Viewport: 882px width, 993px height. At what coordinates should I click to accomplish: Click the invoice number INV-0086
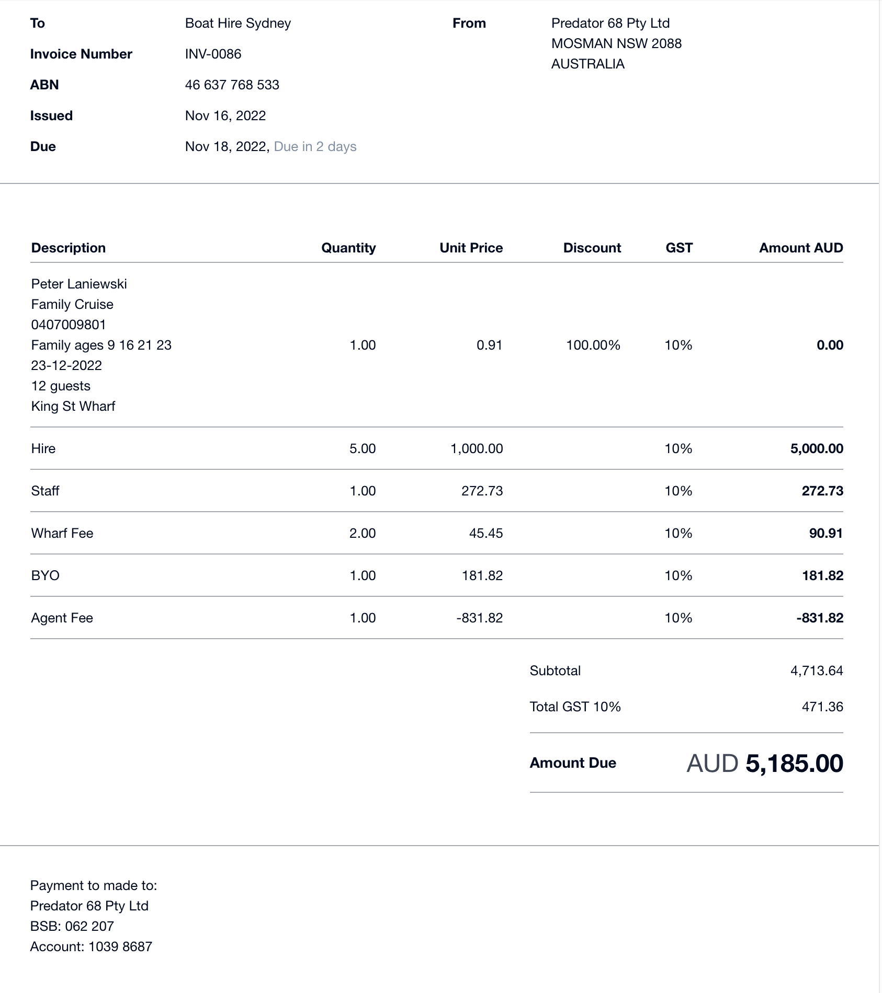(x=213, y=54)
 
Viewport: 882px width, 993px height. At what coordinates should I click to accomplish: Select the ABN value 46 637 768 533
(x=232, y=85)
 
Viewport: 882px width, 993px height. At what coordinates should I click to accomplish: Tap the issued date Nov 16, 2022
(x=225, y=116)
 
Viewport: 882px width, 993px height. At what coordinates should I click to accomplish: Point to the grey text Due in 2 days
(x=315, y=146)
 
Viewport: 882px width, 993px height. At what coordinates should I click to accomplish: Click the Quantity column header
(x=348, y=248)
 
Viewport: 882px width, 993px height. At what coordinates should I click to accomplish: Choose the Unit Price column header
(x=471, y=248)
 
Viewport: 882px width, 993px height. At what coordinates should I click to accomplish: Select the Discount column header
(x=592, y=248)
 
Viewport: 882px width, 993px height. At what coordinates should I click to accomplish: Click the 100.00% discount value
(x=593, y=345)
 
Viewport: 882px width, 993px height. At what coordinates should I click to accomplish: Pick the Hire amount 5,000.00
(x=816, y=448)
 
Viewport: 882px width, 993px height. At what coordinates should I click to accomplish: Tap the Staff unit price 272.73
(x=482, y=491)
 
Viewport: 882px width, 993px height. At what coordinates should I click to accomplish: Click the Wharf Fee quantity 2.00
(x=363, y=533)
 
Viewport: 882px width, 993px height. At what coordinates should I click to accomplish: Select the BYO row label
(x=46, y=575)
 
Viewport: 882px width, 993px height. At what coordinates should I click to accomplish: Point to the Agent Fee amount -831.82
(x=819, y=618)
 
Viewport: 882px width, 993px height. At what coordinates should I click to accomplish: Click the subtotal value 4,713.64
(x=816, y=671)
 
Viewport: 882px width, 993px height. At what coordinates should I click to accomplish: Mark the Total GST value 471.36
(x=822, y=707)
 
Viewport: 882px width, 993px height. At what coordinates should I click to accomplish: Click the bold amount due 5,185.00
(x=794, y=763)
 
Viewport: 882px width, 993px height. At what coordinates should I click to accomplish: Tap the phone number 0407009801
(x=69, y=325)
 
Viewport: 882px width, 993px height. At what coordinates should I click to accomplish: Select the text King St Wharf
(x=73, y=406)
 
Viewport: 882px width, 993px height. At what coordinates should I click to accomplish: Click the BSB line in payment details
(x=72, y=926)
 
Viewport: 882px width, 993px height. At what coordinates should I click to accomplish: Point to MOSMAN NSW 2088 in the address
(x=616, y=43)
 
